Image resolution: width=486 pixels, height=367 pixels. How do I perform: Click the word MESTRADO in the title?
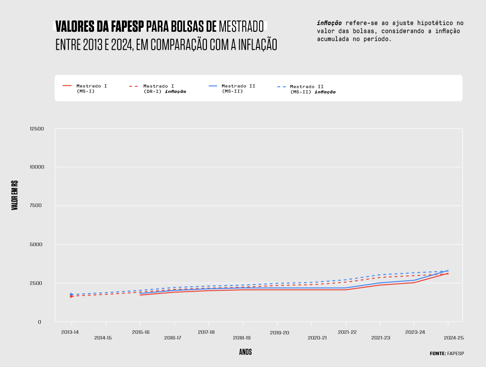241,26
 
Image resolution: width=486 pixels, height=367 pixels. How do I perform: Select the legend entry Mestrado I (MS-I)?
92,88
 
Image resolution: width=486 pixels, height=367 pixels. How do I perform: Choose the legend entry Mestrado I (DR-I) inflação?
164,89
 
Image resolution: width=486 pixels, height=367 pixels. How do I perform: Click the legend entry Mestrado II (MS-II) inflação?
312,89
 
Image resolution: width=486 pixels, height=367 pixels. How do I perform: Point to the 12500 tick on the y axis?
37,129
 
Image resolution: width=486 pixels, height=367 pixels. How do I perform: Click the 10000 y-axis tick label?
37,167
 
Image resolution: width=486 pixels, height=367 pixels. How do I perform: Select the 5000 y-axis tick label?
37,245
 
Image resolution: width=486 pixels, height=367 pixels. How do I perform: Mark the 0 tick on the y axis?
40,322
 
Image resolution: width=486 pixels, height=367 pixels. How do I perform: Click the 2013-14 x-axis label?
70,332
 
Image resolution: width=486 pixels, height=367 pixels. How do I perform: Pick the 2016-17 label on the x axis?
173,338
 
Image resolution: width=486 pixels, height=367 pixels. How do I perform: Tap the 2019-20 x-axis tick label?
280,333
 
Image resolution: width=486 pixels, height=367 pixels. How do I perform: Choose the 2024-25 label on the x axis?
453,338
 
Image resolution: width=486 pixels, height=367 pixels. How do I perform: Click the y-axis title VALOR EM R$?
15,195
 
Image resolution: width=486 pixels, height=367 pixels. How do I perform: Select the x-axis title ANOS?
245,352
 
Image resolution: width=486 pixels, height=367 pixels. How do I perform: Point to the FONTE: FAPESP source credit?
447,353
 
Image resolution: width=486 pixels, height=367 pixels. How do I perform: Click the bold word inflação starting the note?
329,23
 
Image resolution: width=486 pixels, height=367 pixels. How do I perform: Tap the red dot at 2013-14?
71,296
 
